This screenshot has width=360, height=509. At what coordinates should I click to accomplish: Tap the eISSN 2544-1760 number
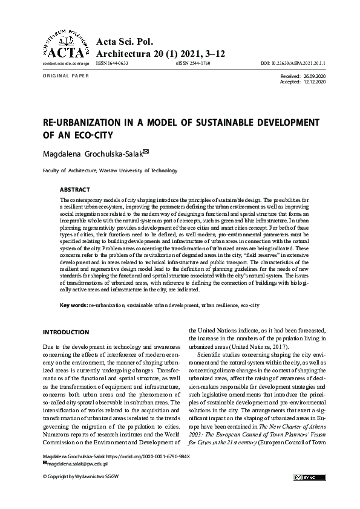pyautogui.click(x=192, y=63)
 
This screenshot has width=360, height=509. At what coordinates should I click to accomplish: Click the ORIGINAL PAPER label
pyautogui.click(x=66, y=76)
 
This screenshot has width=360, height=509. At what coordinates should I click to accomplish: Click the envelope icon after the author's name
pyautogui.click(x=145, y=153)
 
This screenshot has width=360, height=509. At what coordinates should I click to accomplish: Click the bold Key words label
pyautogui.click(x=73, y=305)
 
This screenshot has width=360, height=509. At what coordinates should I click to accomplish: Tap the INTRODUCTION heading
pyautogui.click(x=67, y=332)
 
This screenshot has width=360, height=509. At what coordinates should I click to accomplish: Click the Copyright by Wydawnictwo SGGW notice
pyautogui.click(x=78, y=477)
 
